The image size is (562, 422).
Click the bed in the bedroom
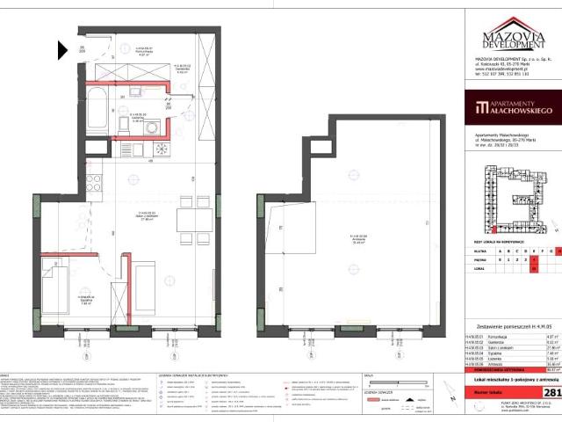click(64, 273)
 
